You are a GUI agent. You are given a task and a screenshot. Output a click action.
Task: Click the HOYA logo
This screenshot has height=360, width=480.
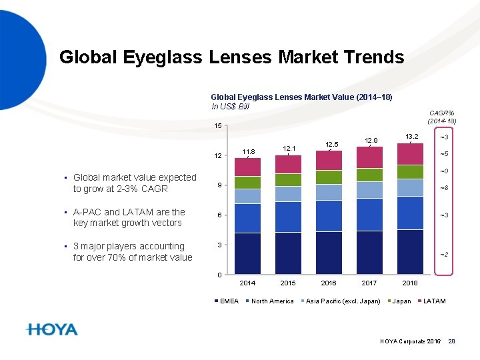(x=52, y=329)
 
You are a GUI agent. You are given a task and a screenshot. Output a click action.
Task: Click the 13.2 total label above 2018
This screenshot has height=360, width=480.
(x=411, y=137)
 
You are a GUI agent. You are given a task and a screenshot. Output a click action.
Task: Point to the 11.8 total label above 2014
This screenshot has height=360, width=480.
(x=248, y=151)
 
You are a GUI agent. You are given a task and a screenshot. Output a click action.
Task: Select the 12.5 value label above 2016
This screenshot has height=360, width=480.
(x=331, y=144)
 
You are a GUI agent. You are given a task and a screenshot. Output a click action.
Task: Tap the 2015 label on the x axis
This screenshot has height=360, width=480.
(x=288, y=283)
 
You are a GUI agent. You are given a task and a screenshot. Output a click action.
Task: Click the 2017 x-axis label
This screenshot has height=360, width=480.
(x=370, y=283)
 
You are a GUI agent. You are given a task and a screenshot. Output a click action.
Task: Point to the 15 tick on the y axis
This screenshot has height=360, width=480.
(x=218, y=127)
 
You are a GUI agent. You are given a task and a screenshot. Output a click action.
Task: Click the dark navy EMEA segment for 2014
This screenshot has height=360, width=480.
(x=247, y=253)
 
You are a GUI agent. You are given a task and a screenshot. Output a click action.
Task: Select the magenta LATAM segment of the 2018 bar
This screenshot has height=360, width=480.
(x=411, y=154)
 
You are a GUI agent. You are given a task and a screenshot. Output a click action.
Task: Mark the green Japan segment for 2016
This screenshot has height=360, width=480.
(x=329, y=177)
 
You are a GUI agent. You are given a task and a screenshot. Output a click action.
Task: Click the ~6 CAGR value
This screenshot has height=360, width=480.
(x=443, y=188)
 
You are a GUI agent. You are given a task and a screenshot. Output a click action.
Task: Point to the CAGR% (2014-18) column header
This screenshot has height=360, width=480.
(x=441, y=117)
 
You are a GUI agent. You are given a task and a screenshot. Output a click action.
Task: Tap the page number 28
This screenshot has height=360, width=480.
(x=451, y=341)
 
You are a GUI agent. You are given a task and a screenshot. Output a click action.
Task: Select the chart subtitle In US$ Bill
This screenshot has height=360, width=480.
(x=231, y=106)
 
